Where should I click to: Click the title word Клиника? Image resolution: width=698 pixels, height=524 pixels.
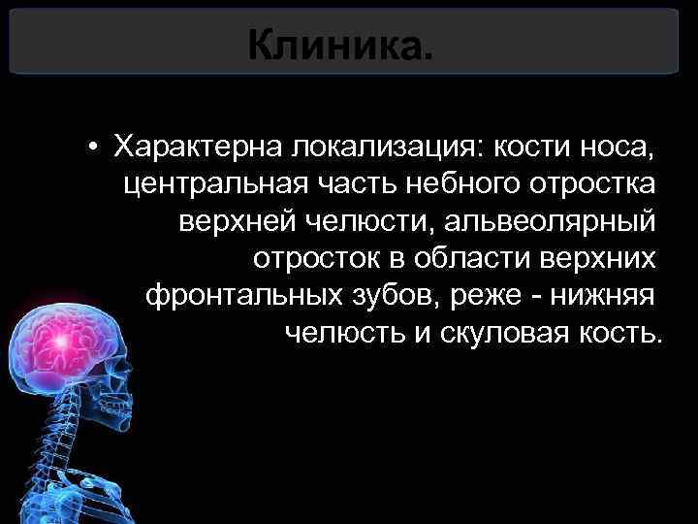(340, 44)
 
